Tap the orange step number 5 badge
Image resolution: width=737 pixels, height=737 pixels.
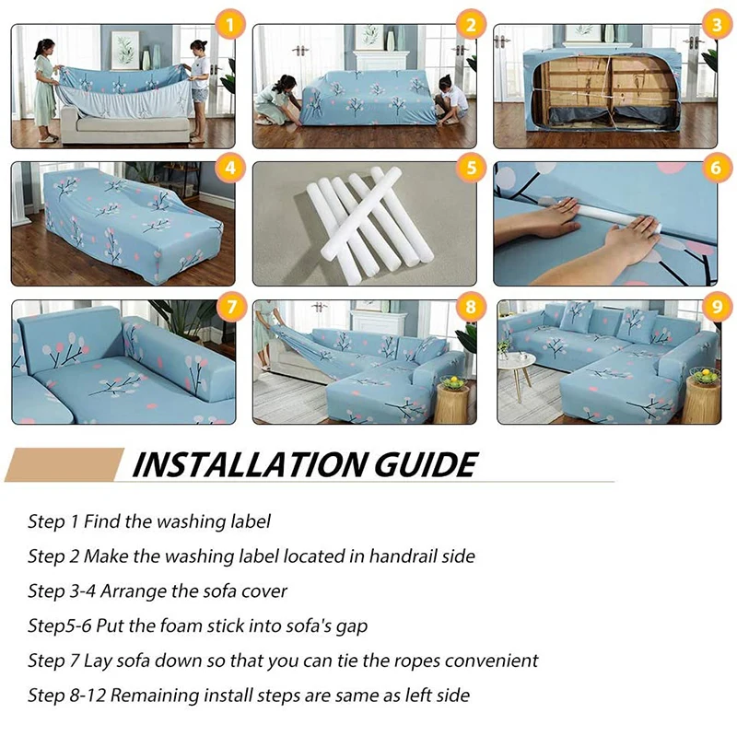471,168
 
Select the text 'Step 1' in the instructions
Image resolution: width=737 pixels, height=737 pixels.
53,521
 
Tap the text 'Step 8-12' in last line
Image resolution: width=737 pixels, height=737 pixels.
68,696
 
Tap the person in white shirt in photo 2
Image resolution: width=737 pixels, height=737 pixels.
450,100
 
